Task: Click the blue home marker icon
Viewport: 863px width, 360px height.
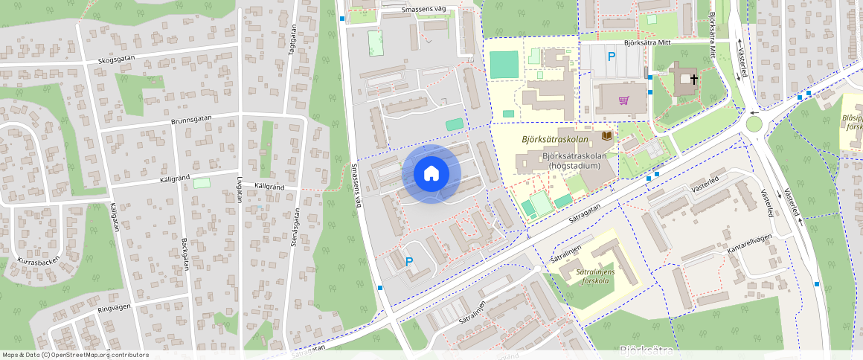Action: point(431,174)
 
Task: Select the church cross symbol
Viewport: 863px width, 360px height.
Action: point(694,78)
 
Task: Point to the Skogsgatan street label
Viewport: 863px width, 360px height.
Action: point(119,60)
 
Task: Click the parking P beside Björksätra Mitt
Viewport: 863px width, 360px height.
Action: point(612,57)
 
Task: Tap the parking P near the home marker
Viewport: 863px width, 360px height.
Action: point(408,261)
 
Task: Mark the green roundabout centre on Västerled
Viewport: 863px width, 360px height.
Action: point(754,123)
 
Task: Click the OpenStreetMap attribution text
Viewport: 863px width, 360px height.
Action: point(74,355)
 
